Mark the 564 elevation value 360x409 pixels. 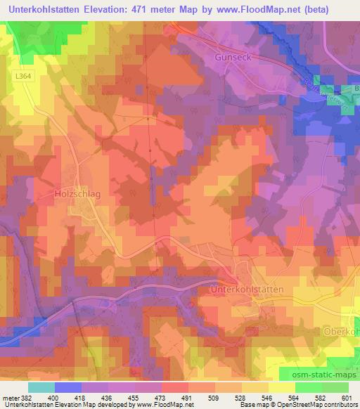click(295, 398)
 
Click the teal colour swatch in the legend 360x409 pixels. click(41, 387)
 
